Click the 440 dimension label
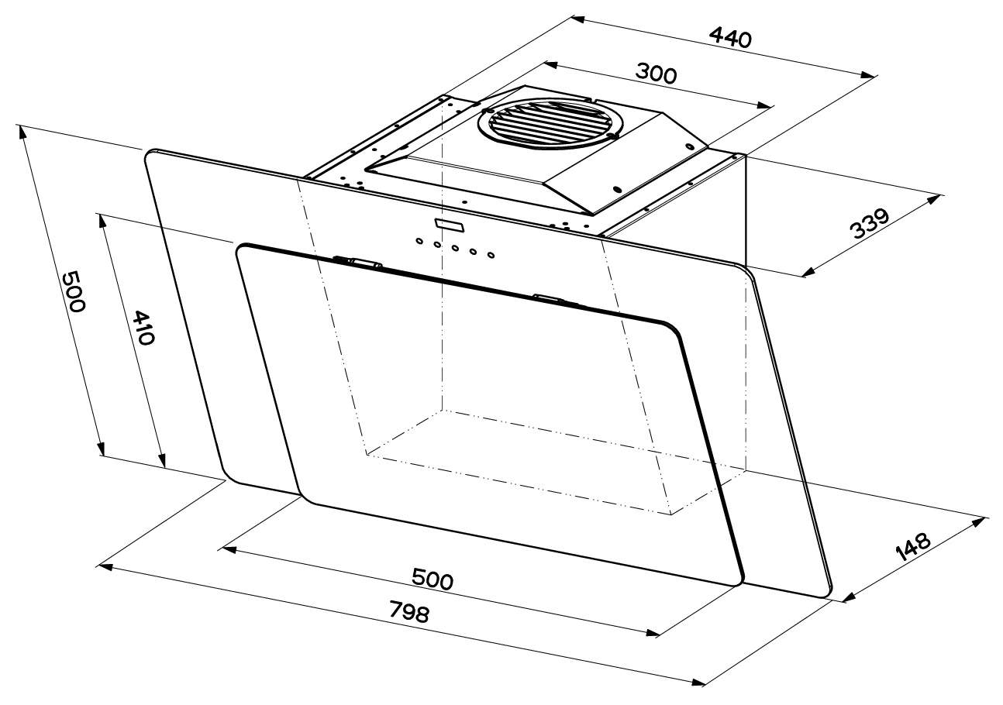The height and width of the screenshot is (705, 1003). point(730,38)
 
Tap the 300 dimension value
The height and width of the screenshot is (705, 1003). point(656,74)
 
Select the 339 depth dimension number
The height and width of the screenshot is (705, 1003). point(869,223)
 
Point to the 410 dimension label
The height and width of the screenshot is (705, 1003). point(144,327)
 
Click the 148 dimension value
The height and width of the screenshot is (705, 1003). point(914,546)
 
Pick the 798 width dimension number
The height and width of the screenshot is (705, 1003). point(409,611)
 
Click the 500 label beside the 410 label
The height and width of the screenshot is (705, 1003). point(73,291)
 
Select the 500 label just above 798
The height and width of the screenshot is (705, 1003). point(433,579)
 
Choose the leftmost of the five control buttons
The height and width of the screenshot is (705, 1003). point(419,241)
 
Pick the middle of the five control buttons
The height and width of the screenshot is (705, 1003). point(455,248)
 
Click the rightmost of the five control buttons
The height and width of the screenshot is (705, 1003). point(491,255)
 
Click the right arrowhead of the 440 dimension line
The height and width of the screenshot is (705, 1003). point(868,74)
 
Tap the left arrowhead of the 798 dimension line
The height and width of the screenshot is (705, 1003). point(105,566)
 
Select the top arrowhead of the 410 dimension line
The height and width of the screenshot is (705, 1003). point(102,221)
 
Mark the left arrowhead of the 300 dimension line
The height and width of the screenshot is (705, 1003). point(550,64)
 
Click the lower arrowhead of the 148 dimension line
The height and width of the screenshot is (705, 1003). point(849,597)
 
